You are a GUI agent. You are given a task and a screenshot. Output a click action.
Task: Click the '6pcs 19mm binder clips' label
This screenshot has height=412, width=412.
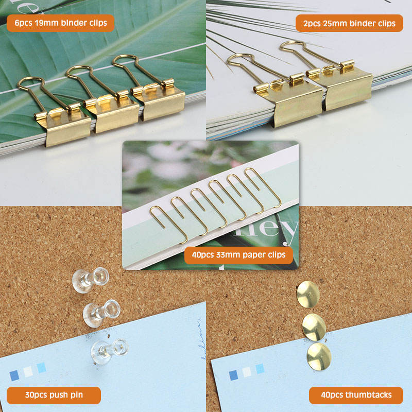[60, 23]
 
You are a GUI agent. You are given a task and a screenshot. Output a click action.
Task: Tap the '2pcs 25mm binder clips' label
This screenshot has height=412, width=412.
[349, 23]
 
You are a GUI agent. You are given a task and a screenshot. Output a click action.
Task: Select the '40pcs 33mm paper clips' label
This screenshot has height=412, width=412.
[238, 255]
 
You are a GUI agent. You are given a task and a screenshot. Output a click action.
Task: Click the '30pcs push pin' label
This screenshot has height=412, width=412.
[54, 395]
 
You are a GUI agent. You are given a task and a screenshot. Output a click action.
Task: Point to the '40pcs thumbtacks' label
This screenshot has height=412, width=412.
[356, 395]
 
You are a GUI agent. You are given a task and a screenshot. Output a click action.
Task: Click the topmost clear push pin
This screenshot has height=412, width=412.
[90, 280]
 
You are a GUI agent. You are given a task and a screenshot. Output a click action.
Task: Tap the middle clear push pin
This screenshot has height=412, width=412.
[101, 314]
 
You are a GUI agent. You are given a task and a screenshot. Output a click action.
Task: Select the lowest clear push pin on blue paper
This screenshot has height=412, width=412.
[109, 351]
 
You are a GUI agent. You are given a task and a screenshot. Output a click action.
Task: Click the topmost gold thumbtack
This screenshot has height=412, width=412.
[308, 294]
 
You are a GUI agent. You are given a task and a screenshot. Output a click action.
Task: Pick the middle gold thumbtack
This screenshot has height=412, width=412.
[314, 327]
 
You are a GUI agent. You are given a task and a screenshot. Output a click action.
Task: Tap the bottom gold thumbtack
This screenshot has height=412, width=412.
[319, 356]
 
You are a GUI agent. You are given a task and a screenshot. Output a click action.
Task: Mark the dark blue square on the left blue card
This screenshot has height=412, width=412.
[14, 375]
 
